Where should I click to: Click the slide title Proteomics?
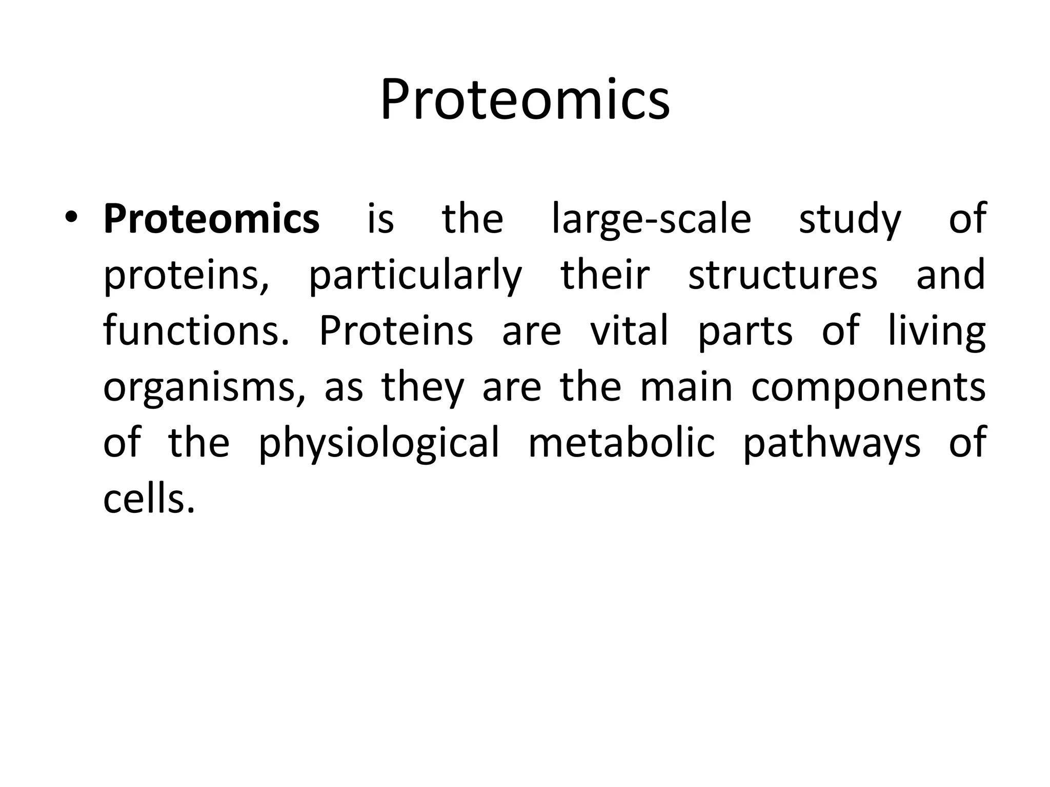pyautogui.click(x=525, y=100)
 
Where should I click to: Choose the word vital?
pyautogui.click(x=629, y=330)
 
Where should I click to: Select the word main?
pyautogui.click(x=686, y=387)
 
